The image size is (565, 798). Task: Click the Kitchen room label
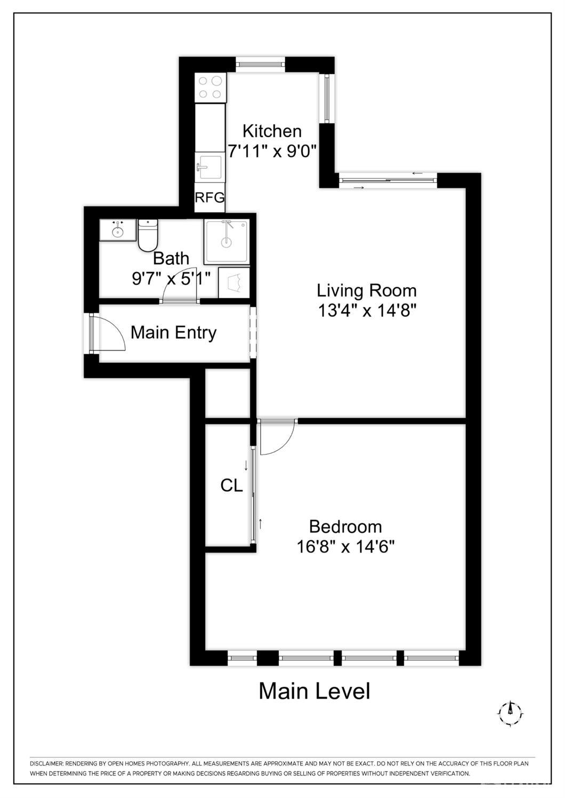coord(272,131)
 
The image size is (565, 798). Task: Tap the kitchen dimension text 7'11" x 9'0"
coord(272,151)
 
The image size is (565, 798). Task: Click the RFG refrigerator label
coord(209,198)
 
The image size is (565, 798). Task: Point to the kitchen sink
coord(209,167)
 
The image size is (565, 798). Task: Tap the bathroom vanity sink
coord(118,230)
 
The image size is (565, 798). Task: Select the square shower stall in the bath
coord(227,241)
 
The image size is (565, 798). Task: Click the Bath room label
coord(171,258)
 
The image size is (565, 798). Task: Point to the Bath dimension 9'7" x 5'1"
coord(171,278)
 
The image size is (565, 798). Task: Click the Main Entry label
coord(174,332)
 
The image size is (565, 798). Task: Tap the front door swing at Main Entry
coord(109,333)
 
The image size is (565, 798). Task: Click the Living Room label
coord(367,290)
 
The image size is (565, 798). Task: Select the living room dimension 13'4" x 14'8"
coord(367,310)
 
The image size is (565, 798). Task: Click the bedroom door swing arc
coord(277,437)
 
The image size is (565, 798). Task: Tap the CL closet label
coord(231,485)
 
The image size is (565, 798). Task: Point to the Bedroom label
coord(345,526)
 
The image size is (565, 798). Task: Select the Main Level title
coord(314,691)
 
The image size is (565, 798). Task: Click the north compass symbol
coord(510,712)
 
